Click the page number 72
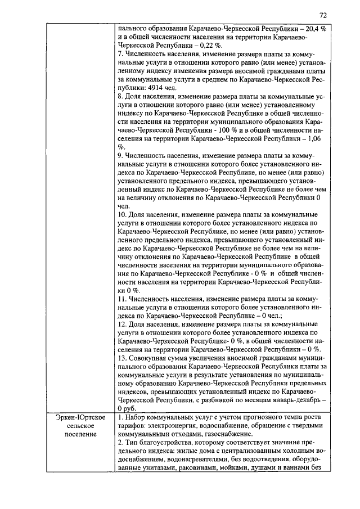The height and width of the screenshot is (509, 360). [323, 15]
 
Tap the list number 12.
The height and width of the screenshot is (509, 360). [123, 324]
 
